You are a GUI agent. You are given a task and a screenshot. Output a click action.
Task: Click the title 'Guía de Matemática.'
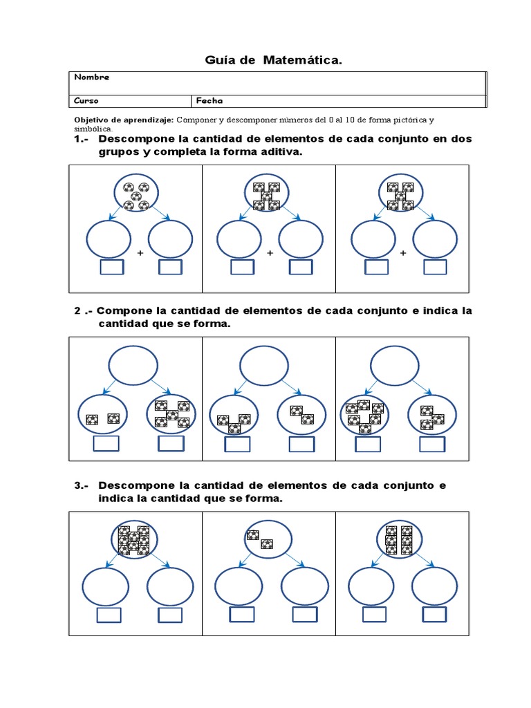click(x=273, y=62)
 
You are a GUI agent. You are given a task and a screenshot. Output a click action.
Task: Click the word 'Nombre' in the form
click(x=91, y=77)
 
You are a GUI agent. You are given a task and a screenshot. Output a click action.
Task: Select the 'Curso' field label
click(x=86, y=101)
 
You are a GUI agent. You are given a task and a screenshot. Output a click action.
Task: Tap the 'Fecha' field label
click(x=209, y=101)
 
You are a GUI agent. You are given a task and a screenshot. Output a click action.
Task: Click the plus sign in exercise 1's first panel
click(x=140, y=254)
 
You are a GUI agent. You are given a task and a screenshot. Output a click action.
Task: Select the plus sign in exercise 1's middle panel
click(x=270, y=254)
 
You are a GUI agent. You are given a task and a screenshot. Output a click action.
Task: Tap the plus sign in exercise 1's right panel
click(x=403, y=254)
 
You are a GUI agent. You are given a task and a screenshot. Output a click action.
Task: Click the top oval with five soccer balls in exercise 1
click(x=136, y=194)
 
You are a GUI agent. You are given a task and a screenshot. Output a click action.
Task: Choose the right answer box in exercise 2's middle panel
click(x=301, y=443)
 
